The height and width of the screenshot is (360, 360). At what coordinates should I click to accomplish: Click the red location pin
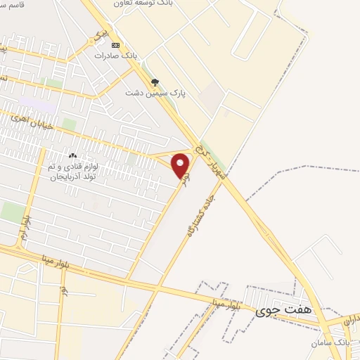[181, 166]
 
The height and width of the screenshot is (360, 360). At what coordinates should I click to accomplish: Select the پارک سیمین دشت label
[150, 92]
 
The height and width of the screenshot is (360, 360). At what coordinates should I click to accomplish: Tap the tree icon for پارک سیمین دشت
[155, 82]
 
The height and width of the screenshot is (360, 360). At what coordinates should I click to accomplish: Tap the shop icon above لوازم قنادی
[72, 155]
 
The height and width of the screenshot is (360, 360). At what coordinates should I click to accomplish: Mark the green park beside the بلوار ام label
[11, 212]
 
